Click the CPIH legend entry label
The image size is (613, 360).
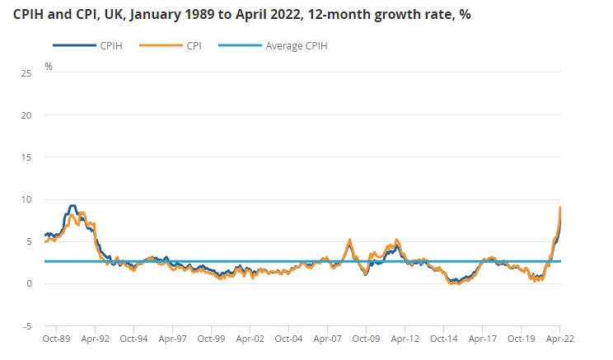112,46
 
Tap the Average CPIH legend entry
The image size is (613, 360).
296,46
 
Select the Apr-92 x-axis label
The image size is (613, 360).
96,338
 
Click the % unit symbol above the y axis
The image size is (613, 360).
49,66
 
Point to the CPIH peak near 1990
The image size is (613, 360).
73,206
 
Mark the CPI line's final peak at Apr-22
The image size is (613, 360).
561,207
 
